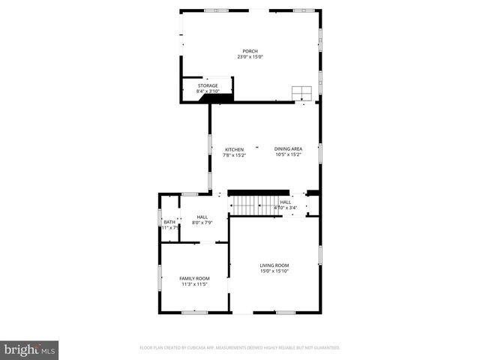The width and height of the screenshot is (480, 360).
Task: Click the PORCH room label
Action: click(x=250, y=51)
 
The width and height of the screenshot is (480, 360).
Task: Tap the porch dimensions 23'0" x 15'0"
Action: click(x=250, y=57)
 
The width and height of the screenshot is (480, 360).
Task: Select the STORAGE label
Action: click(x=208, y=85)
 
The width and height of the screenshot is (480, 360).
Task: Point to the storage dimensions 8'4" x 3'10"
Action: click(x=208, y=91)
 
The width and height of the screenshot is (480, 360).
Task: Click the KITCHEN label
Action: click(x=234, y=149)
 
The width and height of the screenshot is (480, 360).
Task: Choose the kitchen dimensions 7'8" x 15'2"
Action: click(x=234, y=155)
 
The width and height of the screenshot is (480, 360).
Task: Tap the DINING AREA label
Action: click(x=288, y=149)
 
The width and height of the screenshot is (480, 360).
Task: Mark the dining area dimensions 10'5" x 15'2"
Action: click(x=288, y=155)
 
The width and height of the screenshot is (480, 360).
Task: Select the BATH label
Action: click(x=169, y=222)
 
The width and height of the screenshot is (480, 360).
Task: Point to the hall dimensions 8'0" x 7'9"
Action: click(x=202, y=223)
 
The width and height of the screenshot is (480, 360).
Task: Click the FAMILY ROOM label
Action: click(x=193, y=278)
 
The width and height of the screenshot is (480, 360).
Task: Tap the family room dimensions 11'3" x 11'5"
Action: click(x=193, y=284)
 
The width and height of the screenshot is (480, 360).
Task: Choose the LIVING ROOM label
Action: click(x=274, y=265)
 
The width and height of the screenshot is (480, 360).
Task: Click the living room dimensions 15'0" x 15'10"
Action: click(x=274, y=271)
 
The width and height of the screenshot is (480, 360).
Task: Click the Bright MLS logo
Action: click(x=29, y=349)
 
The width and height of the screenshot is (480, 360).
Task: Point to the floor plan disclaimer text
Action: click(x=240, y=348)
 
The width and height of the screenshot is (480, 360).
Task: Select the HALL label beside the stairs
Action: click(x=286, y=202)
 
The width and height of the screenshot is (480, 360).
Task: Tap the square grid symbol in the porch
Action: click(x=302, y=92)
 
